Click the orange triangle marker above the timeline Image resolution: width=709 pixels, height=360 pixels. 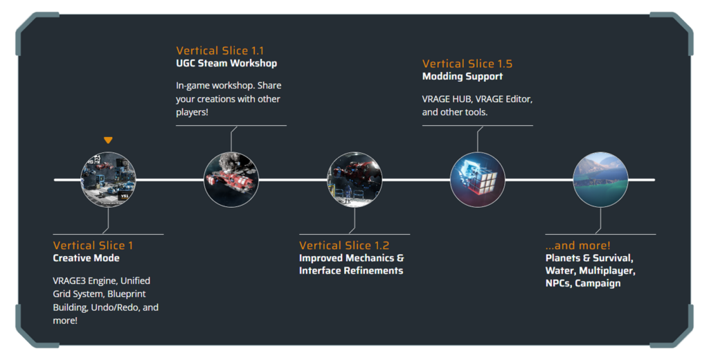pyautogui.click(x=108, y=140)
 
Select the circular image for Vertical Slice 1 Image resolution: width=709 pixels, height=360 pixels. pyautogui.click(x=108, y=180)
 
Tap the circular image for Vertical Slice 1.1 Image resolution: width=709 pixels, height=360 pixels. pyautogui.click(x=231, y=180)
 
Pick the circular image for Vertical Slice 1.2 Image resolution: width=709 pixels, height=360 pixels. pyautogui.click(x=354, y=180)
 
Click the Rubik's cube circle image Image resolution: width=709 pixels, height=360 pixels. pyautogui.click(x=478, y=180)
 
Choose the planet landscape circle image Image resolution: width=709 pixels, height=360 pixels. pyautogui.click(x=600, y=180)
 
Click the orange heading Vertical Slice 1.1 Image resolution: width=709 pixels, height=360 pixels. pyautogui.click(x=219, y=51)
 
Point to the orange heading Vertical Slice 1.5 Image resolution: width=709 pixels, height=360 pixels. pyautogui.click(x=467, y=64)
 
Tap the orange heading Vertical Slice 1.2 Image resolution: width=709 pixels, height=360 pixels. pyautogui.click(x=344, y=245)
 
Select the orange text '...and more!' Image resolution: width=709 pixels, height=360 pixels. pyautogui.click(x=577, y=245)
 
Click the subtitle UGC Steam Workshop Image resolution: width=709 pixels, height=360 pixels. pyautogui.click(x=226, y=63)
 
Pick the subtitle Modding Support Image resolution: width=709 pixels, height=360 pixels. pyautogui.click(x=463, y=76)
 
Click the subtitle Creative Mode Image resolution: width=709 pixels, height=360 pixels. pyautogui.click(x=86, y=258)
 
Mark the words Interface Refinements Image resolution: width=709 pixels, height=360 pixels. pyautogui.click(x=351, y=271)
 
